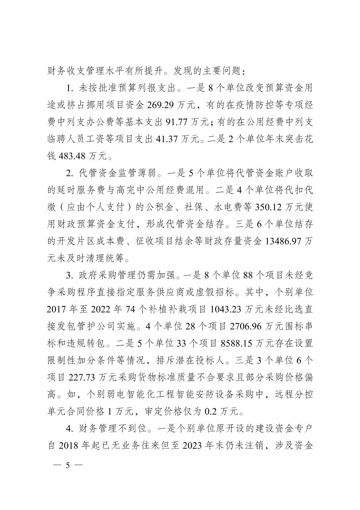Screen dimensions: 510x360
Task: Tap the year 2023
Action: click(195, 445)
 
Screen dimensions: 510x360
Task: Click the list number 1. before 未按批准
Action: click(70, 88)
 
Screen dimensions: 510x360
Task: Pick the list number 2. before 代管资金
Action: click(70, 173)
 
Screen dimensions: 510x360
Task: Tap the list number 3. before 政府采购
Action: click(70, 275)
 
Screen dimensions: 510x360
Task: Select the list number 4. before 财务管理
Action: click(70, 428)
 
